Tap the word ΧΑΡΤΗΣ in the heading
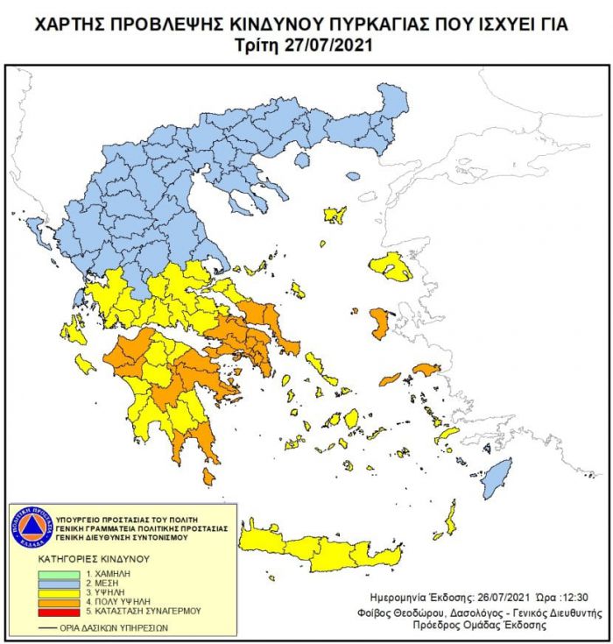coord(74,25)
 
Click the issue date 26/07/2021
coord(492,595)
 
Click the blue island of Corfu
coord(35,230)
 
